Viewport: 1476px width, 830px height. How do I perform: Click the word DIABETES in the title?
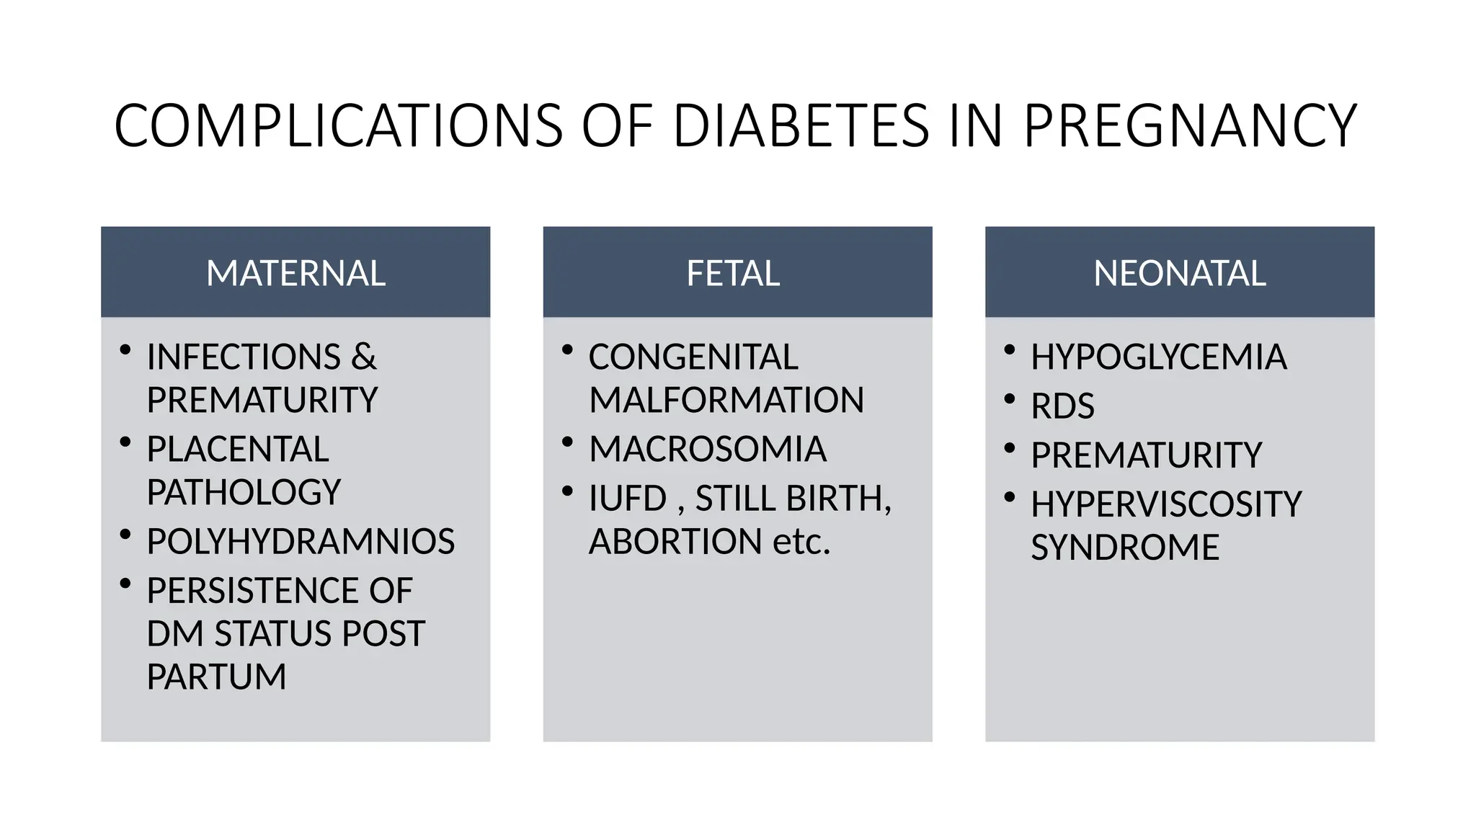(801, 126)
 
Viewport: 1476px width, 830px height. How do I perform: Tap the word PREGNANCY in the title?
(1190, 126)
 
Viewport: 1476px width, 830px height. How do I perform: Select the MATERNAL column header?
(295, 273)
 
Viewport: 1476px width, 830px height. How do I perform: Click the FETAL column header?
(733, 273)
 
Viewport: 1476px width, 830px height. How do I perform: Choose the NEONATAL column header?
(1179, 273)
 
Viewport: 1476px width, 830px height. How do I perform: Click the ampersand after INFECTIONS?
(364, 357)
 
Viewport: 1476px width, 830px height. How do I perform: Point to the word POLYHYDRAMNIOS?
(301, 541)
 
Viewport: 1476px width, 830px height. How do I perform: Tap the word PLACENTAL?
(238, 449)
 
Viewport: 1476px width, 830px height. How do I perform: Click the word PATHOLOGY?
(244, 492)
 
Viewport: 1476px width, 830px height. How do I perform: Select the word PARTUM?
(216, 677)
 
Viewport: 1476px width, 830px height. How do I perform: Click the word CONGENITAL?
(693, 357)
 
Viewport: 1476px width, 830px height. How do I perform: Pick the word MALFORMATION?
(726, 400)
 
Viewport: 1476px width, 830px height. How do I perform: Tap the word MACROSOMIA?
(708, 449)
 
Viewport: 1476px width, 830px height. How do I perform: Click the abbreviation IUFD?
(628, 498)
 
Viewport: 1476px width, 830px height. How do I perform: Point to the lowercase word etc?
(801, 541)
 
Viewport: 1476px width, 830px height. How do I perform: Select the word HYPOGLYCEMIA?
(1158, 357)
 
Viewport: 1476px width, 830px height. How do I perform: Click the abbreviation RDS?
(1062, 406)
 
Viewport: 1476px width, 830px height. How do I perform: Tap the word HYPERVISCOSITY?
(1166, 504)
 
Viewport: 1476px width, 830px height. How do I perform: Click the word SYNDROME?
(1125, 547)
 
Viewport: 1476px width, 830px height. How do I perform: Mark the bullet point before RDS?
(1010, 399)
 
